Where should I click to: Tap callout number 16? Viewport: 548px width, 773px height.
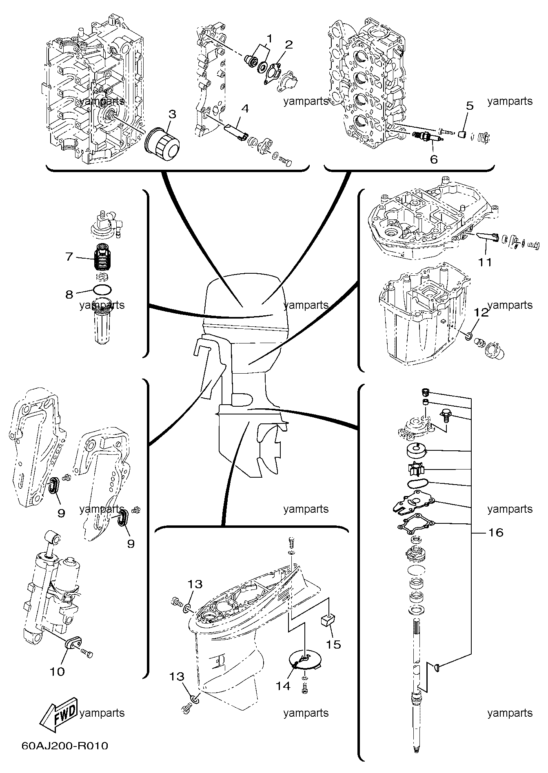(496, 532)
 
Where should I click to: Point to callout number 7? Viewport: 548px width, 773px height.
(69, 257)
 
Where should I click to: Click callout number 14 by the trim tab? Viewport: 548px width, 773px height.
(282, 686)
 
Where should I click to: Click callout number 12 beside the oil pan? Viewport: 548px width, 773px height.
(481, 312)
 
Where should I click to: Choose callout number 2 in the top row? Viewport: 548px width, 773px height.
(289, 44)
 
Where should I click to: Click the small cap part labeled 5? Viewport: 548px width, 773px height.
(462, 134)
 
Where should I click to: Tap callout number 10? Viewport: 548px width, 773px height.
(58, 671)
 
